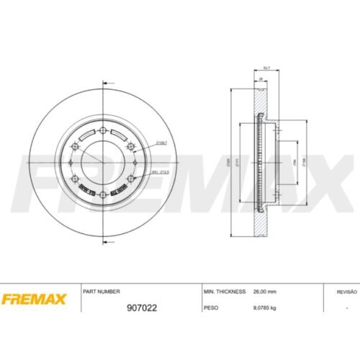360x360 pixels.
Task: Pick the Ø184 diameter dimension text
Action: pyautogui.click(x=305, y=163)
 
